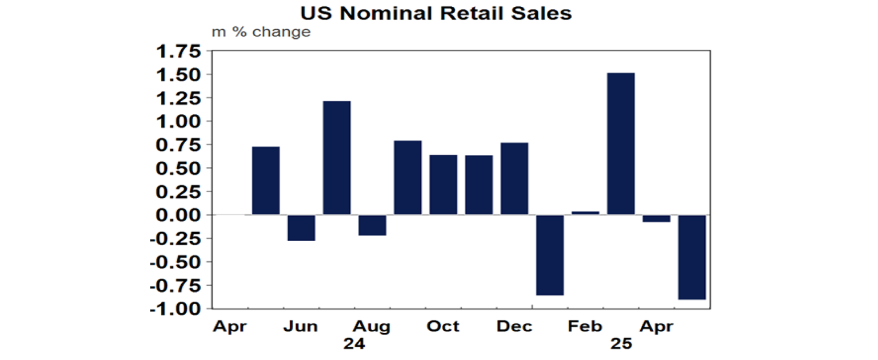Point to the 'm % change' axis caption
coord(261,31)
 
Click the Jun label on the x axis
coord(301,326)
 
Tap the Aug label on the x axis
coord(372,326)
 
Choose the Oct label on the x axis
coord(443,326)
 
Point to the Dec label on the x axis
coord(514,326)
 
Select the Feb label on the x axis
coord(585,326)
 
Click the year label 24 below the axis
coord(354,345)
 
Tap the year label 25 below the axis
coord(621,345)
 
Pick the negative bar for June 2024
coord(301,227)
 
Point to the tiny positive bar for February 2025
coord(585,213)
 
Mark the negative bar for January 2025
coord(550,255)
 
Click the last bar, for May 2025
coord(692,257)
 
